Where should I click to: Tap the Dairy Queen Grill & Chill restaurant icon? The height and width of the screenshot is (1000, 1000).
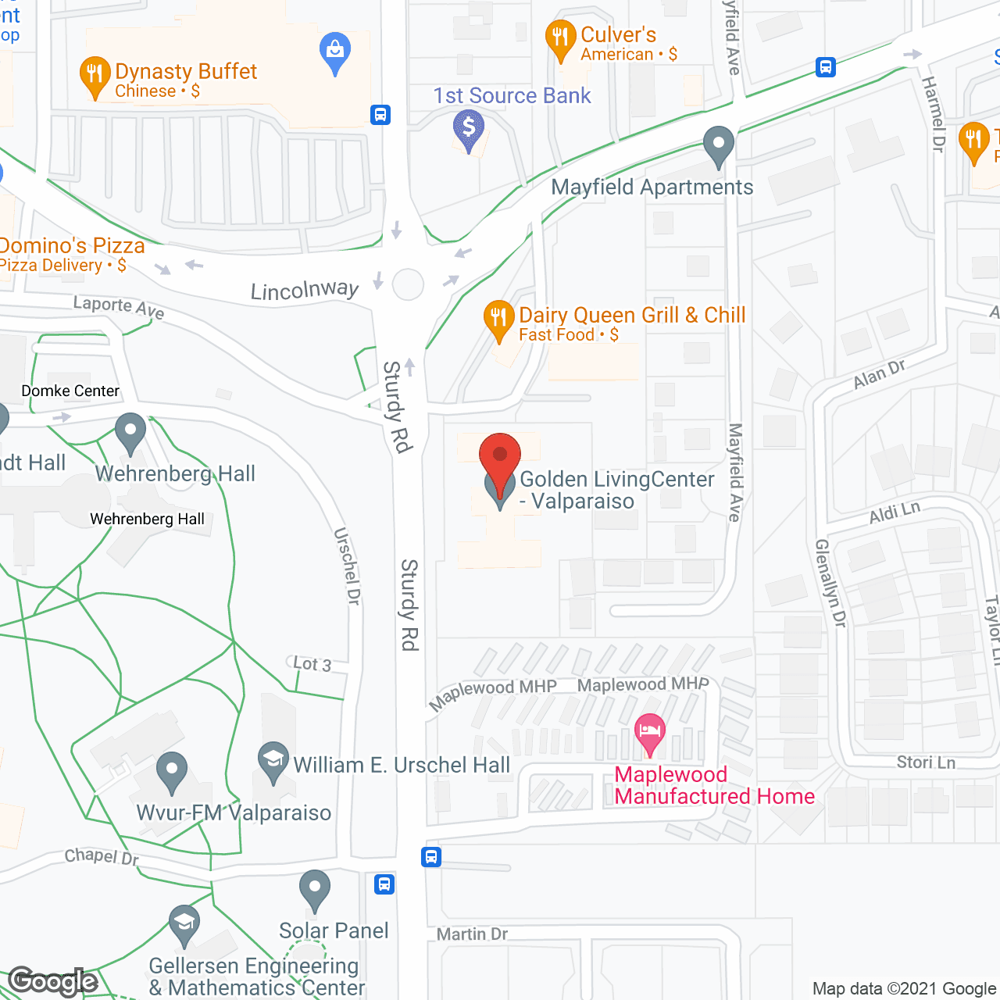[498, 319]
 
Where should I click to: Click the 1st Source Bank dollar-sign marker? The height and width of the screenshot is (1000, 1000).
[469, 128]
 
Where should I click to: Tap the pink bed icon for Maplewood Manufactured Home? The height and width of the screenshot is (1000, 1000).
[650, 733]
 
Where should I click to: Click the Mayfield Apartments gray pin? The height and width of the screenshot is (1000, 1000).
[718, 145]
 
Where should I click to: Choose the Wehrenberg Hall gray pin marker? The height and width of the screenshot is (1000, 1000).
[130, 432]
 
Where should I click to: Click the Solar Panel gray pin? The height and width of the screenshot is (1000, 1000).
[315, 889]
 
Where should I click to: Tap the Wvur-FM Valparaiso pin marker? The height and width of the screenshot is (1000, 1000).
[172, 771]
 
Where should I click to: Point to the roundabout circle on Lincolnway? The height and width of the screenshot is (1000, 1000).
[408, 284]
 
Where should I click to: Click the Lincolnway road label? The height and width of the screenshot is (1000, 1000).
[305, 291]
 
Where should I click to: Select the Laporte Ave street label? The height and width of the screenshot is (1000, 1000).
[119, 307]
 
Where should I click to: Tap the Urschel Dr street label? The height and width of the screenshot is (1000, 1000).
[347, 566]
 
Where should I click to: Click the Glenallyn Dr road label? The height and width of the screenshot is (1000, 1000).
[830, 583]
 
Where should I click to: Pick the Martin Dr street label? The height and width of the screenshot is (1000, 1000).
[472, 934]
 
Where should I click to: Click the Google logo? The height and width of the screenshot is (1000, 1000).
[53, 981]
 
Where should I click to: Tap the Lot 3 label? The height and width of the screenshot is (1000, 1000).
[312, 664]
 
